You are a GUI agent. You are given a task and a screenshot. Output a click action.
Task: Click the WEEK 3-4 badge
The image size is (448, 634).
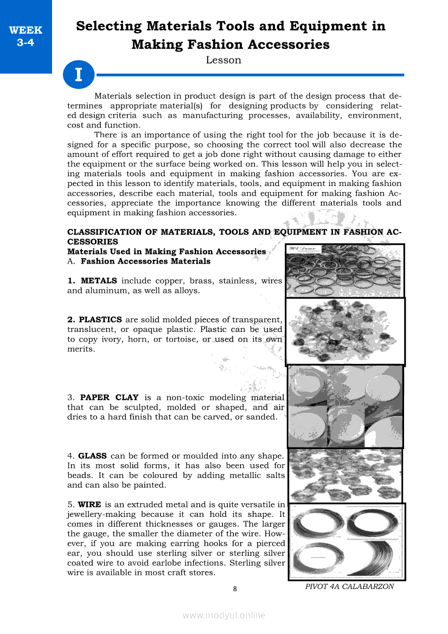(25, 36)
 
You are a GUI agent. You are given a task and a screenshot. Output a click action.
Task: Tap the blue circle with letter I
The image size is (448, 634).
(79, 74)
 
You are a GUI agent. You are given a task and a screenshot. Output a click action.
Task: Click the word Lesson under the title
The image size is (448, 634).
(223, 60)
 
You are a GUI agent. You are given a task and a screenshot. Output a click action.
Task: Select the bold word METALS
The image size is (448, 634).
(99, 281)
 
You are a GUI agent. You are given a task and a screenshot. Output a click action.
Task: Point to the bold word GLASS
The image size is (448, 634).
(92, 456)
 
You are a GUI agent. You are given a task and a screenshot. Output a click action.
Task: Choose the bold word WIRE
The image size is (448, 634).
(90, 504)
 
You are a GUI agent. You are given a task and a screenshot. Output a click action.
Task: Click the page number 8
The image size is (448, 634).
(234, 589)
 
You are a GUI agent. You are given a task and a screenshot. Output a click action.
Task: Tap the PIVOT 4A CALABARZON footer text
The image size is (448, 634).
(349, 586)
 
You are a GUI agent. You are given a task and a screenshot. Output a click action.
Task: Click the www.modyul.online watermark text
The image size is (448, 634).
(224, 615)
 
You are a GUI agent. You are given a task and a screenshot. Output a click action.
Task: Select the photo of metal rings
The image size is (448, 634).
(344, 271)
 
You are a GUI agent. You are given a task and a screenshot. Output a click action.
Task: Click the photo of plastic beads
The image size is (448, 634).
(345, 331)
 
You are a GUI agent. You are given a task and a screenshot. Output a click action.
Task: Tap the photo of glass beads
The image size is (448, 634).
(345, 475)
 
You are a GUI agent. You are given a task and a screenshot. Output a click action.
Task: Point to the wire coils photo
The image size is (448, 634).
(347, 541)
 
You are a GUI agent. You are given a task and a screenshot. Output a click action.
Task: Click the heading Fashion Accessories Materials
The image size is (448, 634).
(145, 261)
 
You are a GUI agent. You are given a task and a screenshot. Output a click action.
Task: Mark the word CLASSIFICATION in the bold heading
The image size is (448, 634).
(104, 232)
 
